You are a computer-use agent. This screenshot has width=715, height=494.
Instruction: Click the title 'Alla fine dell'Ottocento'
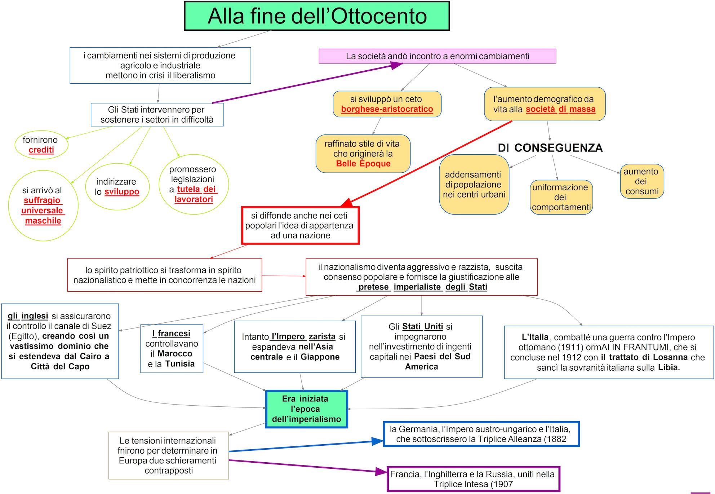[317, 16]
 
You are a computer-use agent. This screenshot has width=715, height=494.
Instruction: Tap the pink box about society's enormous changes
[437, 56]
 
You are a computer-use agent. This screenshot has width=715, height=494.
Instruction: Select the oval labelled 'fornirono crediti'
[41, 145]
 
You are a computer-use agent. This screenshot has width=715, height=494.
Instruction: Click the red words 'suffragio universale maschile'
[43, 211]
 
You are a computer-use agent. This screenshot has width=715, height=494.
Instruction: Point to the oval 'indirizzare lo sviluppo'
[117, 187]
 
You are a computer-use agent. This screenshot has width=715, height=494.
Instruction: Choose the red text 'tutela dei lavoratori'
[195, 194]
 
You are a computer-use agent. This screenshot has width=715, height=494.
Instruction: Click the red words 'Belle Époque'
[363, 164]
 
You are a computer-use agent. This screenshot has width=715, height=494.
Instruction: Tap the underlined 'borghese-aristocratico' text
[387, 109]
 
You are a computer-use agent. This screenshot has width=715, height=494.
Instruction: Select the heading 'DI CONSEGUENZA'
[550, 148]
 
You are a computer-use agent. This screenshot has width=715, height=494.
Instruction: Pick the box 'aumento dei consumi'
[642, 181]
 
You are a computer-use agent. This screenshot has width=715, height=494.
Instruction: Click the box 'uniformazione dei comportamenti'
[561, 197]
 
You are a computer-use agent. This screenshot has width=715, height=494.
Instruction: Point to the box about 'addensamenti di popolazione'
[474, 185]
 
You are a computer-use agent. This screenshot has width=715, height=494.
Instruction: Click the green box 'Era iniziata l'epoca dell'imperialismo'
[307, 409]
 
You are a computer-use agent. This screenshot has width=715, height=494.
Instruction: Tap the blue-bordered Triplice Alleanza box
[481, 434]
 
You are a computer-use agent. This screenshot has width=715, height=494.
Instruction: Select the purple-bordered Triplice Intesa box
[473, 479]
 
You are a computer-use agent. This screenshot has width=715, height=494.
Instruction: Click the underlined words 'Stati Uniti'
[422, 327]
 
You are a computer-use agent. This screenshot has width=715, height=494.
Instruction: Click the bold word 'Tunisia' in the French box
[180, 364]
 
